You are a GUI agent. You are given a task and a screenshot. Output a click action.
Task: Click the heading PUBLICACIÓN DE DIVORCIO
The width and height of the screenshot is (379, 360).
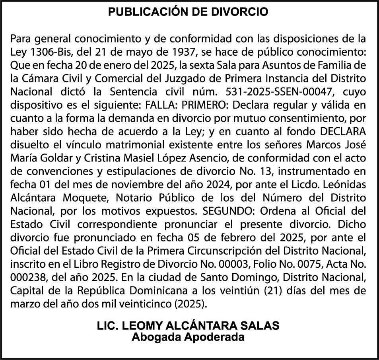[x=189, y=12]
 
